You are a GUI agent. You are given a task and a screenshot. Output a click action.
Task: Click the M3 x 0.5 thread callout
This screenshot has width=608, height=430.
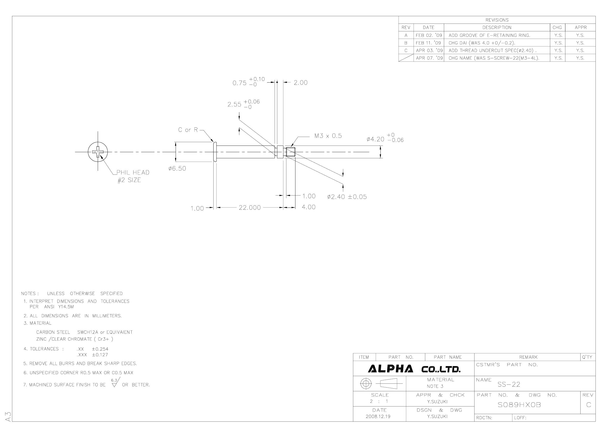[x=328, y=136]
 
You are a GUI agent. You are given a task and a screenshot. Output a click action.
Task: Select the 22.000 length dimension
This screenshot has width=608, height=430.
[x=250, y=208]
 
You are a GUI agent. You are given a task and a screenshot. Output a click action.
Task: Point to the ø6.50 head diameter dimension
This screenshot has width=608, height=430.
[x=177, y=169]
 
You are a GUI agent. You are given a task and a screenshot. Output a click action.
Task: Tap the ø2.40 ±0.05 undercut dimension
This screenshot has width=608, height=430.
[x=347, y=197]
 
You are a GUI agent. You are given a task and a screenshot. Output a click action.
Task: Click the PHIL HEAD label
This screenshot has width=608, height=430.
[x=133, y=172]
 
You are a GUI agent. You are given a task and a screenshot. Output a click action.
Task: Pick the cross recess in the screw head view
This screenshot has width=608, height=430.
[x=98, y=152]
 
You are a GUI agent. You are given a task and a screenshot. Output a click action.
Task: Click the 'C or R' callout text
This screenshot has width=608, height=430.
[x=188, y=130]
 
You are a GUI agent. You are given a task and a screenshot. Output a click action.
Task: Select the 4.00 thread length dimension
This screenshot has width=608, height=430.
[x=308, y=207]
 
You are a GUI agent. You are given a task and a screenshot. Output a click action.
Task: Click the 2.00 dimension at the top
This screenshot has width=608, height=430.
[x=301, y=83]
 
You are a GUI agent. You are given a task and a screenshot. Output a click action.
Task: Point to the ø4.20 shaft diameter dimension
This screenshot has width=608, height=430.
[x=385, y=138]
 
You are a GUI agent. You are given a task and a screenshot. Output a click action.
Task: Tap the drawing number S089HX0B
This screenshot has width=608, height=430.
[x=519, y=405]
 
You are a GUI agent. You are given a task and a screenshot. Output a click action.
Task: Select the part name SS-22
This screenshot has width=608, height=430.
[x=509, y=384]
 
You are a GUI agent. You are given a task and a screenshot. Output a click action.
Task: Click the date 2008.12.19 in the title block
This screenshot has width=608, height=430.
[x=378, y=416]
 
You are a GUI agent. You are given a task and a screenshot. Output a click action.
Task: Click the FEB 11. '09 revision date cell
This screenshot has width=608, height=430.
[x=428, y=43]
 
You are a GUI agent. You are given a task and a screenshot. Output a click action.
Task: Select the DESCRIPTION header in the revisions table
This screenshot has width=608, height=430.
[x=497, y=27]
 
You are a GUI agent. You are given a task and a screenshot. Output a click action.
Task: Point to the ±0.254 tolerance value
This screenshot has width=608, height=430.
[x=100, y=349]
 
